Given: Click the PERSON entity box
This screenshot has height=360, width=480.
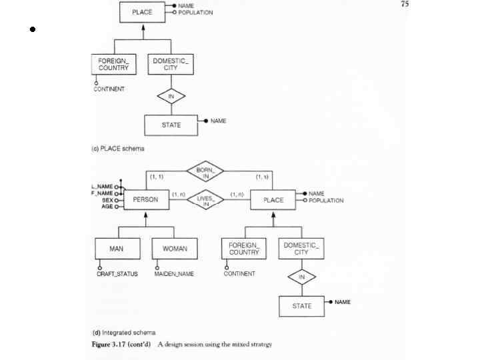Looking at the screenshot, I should (x=146, y=199).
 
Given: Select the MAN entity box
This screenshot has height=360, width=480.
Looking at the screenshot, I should (x=116, y=249).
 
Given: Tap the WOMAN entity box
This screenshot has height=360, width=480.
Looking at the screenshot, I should (x=175, y=249).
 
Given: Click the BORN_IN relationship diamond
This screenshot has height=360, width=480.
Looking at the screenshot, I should (x=205, y=173).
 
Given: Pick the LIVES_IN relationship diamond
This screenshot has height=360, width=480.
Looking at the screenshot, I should (x=205, y=199).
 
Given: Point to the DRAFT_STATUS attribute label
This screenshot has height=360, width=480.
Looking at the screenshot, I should (x=117, y=274).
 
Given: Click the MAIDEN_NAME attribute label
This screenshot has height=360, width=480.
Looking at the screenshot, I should (x=175, y=274).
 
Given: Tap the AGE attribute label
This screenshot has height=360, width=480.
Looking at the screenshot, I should (x=107, y=207).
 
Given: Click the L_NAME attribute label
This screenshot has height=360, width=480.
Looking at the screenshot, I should (x=102, y=187).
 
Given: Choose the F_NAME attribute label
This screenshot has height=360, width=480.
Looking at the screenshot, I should (x=102, y=193).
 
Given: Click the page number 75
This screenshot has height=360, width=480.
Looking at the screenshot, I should (x=405, y=5).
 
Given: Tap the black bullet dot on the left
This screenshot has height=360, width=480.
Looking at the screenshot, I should (x=31, y=29).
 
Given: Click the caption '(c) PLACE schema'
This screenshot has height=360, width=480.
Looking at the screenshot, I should (x=117, y=148).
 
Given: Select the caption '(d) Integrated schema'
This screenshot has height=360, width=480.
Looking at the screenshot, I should (x=123, y=332).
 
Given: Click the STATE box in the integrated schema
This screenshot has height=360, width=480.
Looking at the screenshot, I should (x=301, y=306).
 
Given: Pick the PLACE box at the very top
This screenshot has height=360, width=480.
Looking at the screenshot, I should (x=142, y=12).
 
